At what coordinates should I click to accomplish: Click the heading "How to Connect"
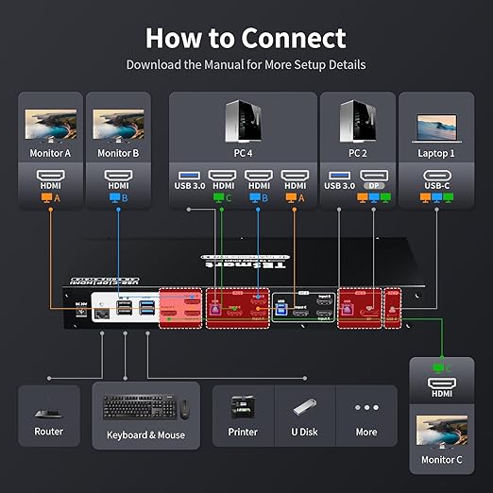[246, 39]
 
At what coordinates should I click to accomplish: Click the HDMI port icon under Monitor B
[117, 176]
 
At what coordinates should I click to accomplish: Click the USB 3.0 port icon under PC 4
[188, 176]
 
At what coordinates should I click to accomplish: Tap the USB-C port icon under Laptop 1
[437, 176]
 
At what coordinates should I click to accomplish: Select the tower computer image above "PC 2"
[358, 118]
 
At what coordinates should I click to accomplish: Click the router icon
[49, 413]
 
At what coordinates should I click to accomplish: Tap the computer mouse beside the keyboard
[183, 409]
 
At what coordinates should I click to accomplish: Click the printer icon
[243, 409]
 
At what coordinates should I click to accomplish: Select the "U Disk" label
[304, 433]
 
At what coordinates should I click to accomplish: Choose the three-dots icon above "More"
[365, 409]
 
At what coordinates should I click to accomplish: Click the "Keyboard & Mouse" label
[145, 434]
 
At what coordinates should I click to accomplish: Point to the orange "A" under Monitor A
[56, 198]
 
